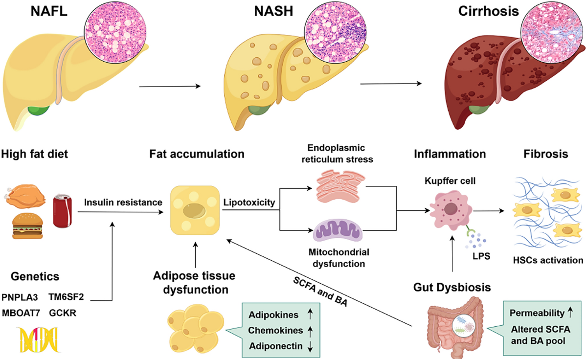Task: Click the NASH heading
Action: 273,11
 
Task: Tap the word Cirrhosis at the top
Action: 489,11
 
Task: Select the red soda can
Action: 63,211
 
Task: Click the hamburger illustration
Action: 27,226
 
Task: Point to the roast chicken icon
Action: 25,196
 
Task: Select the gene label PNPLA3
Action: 20,297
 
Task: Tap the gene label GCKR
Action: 63,313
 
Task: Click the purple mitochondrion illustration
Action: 338,230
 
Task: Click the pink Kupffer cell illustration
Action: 451,210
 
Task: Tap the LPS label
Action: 481,256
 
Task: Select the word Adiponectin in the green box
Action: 276,346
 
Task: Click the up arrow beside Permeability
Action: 570,312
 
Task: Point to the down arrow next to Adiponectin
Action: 310,346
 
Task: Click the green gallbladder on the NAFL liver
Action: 39,110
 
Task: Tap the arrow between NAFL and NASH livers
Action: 170,86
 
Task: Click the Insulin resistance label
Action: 123,202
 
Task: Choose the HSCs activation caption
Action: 548,260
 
